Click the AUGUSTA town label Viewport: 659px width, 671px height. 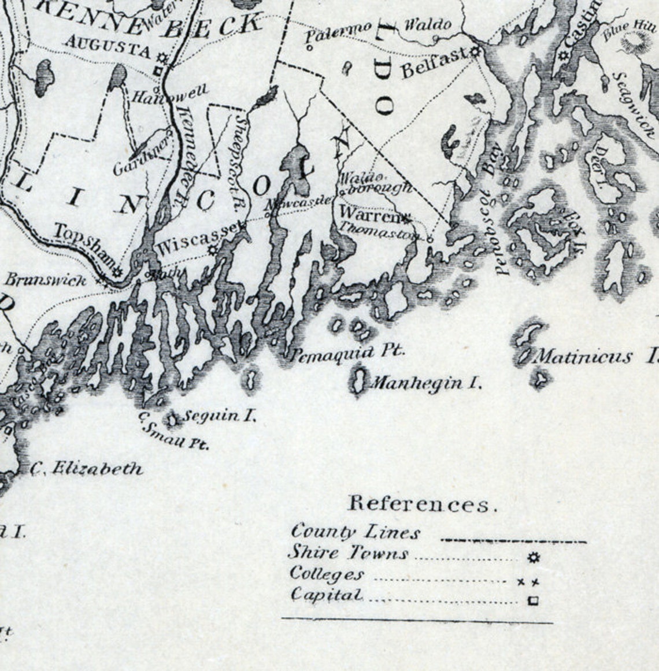tap(109, 46)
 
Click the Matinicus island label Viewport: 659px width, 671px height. tap(584, 356)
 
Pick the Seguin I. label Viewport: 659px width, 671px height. tap(220, 416)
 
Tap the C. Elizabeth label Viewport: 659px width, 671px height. tap(86, 468)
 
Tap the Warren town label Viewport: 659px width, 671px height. tap(370, 213)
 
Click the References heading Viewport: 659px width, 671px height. tap(422, 504)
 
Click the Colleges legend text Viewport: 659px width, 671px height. tap(328, 574)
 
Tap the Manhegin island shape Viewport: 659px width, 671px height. tap(358, 382)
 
